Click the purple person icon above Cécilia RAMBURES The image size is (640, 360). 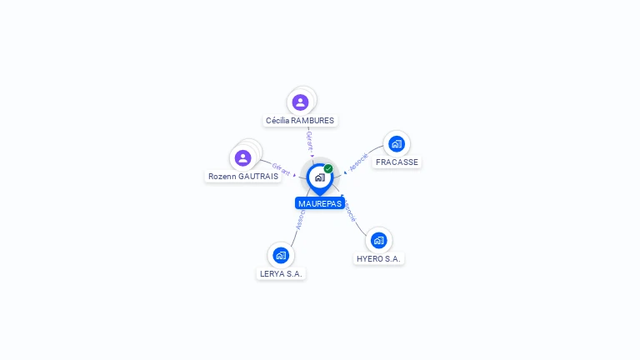pyautogui.click(x=301, y=102)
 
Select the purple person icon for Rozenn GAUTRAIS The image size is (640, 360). pyautogui.click(x=243, y=157)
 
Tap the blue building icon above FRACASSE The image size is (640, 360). pyautogui.click(x=397, y=143)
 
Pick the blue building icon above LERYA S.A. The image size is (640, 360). pyautogui.click(x=281, y=255)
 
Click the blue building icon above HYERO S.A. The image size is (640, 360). pyautogui.click(x=379, y=240)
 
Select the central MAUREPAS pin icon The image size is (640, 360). pyautogui.click(x=319, y=177)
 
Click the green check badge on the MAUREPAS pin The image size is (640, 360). pyautogui.click(x=328, y=168)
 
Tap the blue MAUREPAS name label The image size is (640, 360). pyautogui.click(x=319, y=203)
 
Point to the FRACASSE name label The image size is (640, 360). pyautogui.click(x=397, y=162)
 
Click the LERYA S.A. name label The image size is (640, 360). pyautogui.click(x=281, y=273)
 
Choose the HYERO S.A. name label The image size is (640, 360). pyautogui.click(x=379, y=259)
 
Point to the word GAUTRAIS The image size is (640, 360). pyautogui.click(x=258, y=177)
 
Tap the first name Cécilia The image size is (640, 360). pyautogui.click(x=277, y=121)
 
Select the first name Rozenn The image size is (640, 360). pyautogui.click(x=222, y=177)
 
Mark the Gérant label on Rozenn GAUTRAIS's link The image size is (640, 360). pyautogui.click(x=281, y=168)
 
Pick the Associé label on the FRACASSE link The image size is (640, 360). pyautogui.click(x=358, y=162)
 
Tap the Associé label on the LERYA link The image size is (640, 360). pyautogui.click(x=300, y=218)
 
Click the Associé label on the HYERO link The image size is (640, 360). pyautogui.click(x=350, y=211)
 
